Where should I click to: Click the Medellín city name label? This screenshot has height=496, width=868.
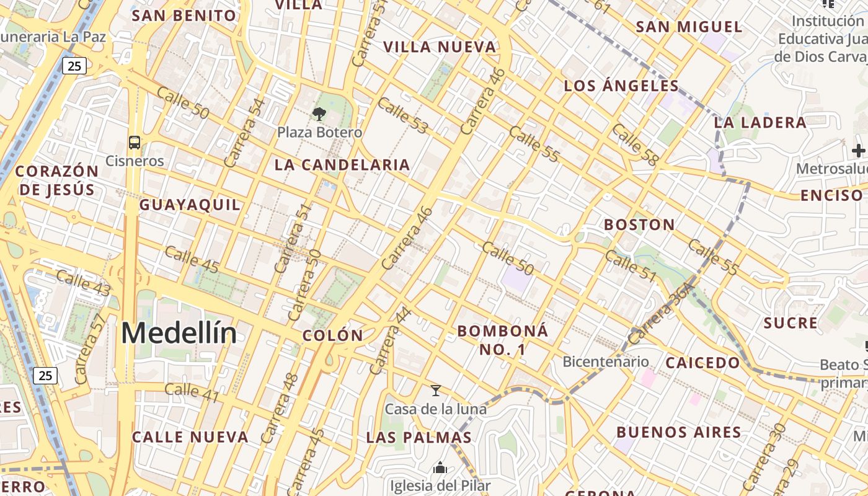pos(179,334)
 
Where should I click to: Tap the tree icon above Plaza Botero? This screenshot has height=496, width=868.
pos(319,113)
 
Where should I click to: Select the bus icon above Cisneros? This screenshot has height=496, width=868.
pos(135,143)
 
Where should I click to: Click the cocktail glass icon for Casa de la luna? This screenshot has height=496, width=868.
pos(436,391)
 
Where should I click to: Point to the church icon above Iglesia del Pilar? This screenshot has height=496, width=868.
pos(440,467)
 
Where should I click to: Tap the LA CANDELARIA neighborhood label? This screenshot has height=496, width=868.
pos(342,165)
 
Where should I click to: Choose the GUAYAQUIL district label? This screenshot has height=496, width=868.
pos(190,205)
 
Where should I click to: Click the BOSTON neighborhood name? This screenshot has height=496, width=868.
pos(639,224)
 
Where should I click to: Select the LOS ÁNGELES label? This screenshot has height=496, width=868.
pos(621,86)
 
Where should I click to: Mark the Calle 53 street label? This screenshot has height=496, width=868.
pos(403,115)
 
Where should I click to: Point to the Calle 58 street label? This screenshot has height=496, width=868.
pos(635,144)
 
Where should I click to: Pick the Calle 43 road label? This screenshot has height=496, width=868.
pos(84,283)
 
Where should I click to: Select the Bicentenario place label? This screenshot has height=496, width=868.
pos(605,361)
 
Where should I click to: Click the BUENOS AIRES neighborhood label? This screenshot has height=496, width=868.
pos(679,432)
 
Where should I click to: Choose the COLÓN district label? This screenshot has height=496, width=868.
pos(333,335)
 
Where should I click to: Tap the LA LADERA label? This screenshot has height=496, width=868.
pos(760,122)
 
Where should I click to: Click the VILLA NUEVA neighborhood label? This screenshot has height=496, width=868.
pos(440,46)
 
